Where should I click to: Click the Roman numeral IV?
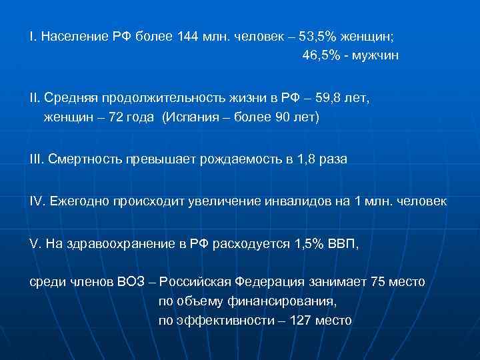(x=37, y=201)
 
